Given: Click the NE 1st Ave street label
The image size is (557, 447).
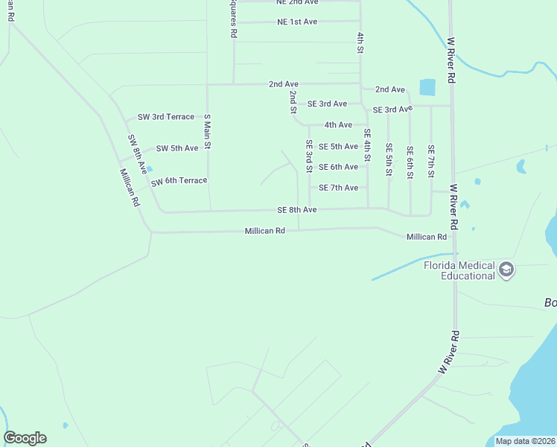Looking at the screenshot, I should tap(297, 22).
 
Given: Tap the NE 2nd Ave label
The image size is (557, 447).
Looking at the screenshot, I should tap(297, 2).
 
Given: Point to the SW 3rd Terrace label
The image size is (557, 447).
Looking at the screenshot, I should tap(165, 117).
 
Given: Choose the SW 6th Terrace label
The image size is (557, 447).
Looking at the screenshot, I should tap(178, 181).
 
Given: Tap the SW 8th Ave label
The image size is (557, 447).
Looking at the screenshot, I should tap(137, 154).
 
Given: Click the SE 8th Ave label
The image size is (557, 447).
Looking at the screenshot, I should tap(297, 210).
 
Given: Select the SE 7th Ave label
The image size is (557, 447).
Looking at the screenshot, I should tap(338, 188).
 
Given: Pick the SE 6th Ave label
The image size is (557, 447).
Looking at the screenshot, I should tap(338, 167).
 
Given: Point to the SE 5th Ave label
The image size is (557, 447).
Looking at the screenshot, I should tap(338, 147).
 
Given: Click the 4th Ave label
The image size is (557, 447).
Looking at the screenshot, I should tap(338, 124).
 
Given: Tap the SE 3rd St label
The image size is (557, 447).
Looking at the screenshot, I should tap(308, 156).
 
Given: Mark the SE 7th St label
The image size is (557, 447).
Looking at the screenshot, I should tap(430, 162).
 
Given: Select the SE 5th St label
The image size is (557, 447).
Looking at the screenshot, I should tap(389, 160).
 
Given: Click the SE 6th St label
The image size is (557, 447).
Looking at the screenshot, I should tap(410, 162).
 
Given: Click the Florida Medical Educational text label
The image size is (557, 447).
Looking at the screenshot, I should tap(459, 270).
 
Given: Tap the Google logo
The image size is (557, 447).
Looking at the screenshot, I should tap(25, 438).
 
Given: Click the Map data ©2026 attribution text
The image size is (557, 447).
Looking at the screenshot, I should tap(525, 441).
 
